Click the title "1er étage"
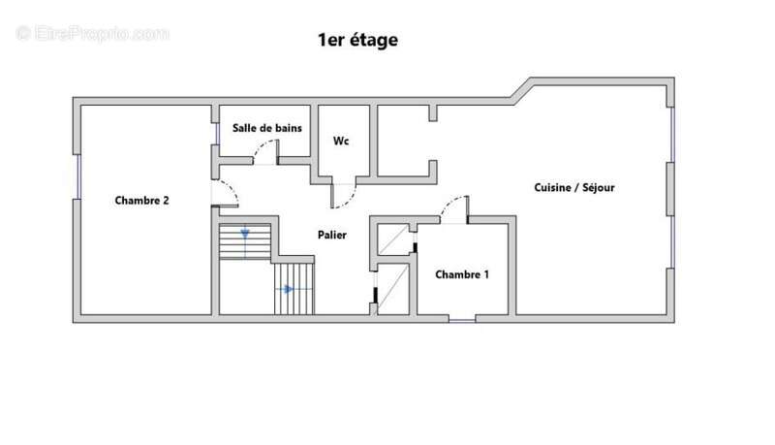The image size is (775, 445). coord(357,41)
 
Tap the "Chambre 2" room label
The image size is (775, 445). coord(142,201)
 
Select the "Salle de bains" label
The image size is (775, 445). coord(266,128)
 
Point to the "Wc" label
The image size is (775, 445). coord(341,142)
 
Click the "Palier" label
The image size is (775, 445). coord(332,235)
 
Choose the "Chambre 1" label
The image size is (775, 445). coord(461,274)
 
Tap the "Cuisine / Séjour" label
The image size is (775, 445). coord(574,188)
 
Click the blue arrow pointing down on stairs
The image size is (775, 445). coord(245,234)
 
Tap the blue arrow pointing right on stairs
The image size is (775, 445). coord(288,289)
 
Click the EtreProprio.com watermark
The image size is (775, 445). coord(92,33)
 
